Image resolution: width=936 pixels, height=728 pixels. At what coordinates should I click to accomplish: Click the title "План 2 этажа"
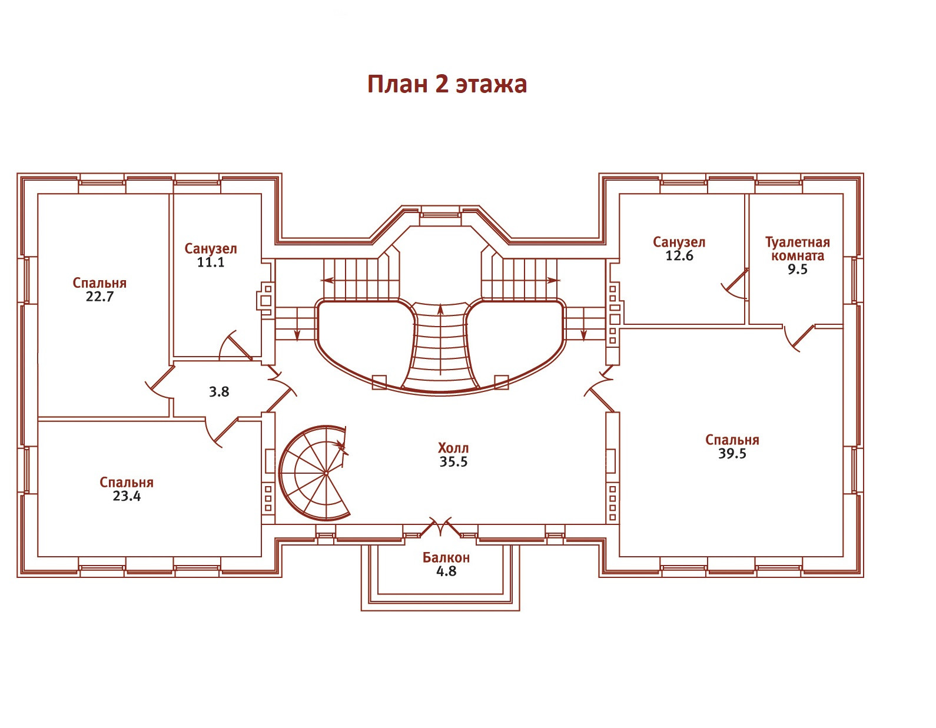click(447, 84)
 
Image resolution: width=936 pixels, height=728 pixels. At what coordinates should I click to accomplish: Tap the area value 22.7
click(99, 297)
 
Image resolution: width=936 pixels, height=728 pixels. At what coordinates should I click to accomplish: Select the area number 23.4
click(127, 496)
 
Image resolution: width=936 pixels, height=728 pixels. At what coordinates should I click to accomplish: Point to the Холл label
click(453, 448)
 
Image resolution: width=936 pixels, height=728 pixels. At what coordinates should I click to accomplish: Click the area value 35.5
click(453, 462)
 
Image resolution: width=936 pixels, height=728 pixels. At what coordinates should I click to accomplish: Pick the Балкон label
click(446, 558)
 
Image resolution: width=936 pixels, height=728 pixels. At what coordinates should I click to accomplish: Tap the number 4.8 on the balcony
click(447, 571)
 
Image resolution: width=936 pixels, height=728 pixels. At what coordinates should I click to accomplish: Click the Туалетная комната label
click(797, 249)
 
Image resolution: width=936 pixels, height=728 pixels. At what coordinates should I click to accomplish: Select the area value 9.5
click(797, 270)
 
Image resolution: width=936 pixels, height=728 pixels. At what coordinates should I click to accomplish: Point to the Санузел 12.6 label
click(679, 249)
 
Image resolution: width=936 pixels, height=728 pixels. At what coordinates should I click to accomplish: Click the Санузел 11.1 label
click(211, 255)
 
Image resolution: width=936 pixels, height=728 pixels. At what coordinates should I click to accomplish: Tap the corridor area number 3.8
click(219, 392)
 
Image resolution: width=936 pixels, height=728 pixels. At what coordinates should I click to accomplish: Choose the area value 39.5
click(732, 454)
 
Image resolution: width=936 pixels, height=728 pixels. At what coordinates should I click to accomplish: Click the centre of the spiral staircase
click(326, 473)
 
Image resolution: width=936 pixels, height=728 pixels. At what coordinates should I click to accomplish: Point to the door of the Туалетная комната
click(798, 338)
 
